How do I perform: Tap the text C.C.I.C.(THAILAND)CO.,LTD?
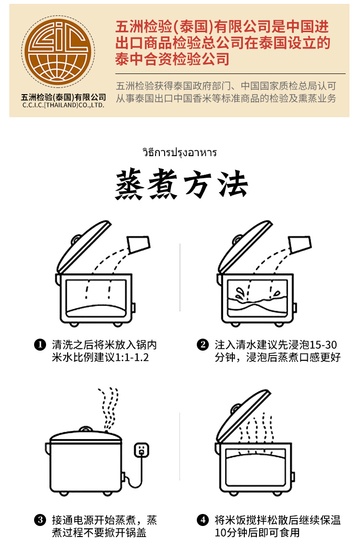click(x=63, y=105)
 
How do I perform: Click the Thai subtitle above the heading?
click(x=180, y=153)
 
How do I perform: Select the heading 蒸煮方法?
click(x=181, y=184)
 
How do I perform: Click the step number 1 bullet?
click(x=40, y=345)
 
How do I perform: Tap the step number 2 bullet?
click(x=203, y=345)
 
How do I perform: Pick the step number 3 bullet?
click(x=40, y=520)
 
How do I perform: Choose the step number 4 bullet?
click(x=203, y=520)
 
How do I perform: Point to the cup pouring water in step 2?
click(x=300, y=244)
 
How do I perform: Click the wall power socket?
click(x=141, y=450)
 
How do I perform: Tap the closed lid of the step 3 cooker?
click(x=85, y=436)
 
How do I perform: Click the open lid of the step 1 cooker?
click(x=84, y=246)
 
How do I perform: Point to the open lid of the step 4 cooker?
click(x=242, y=416)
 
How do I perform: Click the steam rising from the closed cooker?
click(x=108, y=409)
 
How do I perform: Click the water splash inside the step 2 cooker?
click(x=240, y=294)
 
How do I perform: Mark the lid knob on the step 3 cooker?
click(x=86, y=429)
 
